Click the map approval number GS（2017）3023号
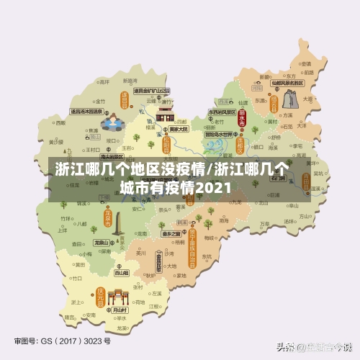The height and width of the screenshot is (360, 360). coord(63,340)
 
